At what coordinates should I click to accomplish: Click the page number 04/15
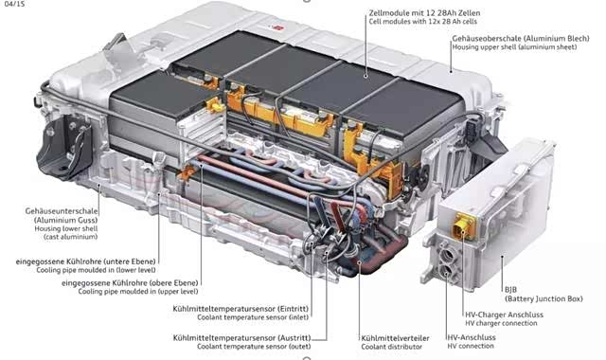coord(15,4)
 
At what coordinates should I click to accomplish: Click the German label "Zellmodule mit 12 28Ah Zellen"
coord(424,13)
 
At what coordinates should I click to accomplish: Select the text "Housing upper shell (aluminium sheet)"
coord(514,47)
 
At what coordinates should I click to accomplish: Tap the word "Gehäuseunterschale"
coord(62,211)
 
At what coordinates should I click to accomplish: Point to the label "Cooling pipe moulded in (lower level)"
coord(96,270)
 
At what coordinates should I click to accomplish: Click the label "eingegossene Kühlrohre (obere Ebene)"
coord(130,283)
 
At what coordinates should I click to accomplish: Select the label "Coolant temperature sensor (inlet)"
coord(253,317)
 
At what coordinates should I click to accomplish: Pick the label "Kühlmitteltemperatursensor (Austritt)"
coord(242,338)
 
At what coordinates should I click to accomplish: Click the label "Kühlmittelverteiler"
coord(395,338)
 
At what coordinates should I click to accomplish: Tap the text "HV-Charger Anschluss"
coord(504,315)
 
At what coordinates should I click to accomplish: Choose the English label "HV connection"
coord(471,346)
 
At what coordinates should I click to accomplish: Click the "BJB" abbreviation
coord(510,290)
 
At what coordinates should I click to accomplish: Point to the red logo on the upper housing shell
coord(277,27)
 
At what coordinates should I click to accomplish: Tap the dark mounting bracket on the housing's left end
coord(64,147)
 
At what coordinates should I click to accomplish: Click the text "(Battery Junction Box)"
coord(544,298)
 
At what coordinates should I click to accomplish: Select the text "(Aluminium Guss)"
coord(65,220)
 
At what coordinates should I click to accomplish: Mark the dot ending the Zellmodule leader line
coord(366,76)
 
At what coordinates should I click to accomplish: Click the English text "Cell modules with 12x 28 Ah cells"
coord(423,22)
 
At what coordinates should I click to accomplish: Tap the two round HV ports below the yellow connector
coord(446,262)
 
